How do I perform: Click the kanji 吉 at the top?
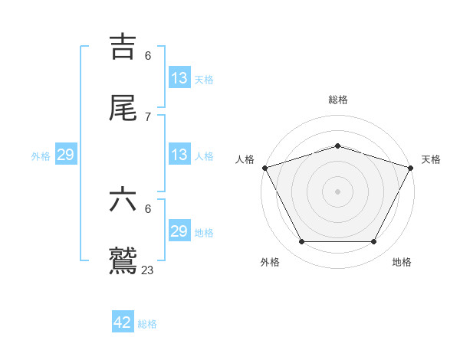[123, 46]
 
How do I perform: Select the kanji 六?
[123, 200]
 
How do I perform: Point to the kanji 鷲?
[123, 260]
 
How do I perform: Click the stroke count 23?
[148, 270]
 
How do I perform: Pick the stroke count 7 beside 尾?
[148, 116]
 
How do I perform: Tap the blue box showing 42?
[123, 322]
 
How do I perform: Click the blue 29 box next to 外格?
[65, 155]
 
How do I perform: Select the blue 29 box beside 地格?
[179, 231]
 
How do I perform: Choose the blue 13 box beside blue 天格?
[179, 78]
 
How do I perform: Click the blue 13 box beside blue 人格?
[179, 155]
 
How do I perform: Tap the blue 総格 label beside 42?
[147, 324]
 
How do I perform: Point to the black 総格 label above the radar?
[337, 100]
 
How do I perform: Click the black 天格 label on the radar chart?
[431, 159]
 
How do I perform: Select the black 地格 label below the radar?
[402, 262]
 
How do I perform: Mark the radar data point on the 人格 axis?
[264, 168]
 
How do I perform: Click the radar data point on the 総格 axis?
[337, 146]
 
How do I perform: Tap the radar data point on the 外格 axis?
[301, 242]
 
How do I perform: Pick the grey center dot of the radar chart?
[337, 191]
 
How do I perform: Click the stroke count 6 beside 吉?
[148, 55]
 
